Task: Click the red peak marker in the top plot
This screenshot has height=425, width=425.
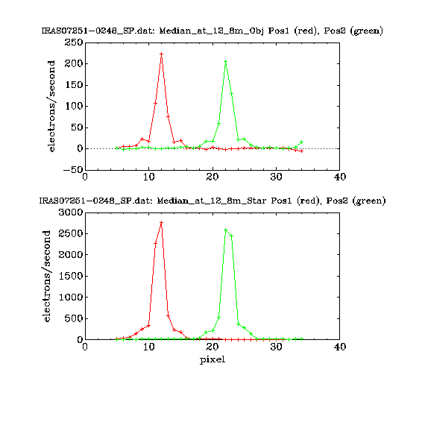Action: [162, 54]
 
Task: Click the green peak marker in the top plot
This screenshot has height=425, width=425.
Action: [225, 62]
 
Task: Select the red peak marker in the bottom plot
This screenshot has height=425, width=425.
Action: [162, 222]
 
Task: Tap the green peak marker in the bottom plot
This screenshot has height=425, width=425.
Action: [225, 230]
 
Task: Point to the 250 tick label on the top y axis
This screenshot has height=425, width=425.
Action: [74, 42]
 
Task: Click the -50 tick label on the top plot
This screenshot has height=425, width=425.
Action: [73, 170]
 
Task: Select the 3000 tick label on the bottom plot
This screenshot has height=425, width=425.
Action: [71, 212]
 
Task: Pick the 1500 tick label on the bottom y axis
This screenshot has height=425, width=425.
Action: [71, 276]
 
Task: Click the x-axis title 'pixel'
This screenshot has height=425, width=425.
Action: [212, 360]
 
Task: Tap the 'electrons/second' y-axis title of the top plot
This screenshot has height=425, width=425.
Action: [51, 106]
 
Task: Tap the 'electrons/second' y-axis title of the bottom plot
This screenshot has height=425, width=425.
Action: [47, 276]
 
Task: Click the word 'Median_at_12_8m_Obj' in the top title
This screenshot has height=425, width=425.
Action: [212, 31]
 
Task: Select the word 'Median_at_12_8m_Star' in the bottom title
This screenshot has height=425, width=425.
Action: [212, 201]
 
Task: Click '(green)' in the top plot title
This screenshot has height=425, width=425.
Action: [366, 31]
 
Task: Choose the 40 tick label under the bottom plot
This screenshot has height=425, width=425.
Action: [340, 347]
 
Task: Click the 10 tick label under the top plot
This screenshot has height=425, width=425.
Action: [149, 177]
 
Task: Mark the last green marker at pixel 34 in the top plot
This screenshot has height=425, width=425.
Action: [302, 142]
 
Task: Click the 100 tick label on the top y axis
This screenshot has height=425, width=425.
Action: [74, 106]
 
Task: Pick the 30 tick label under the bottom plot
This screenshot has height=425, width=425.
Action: [276, 347]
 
